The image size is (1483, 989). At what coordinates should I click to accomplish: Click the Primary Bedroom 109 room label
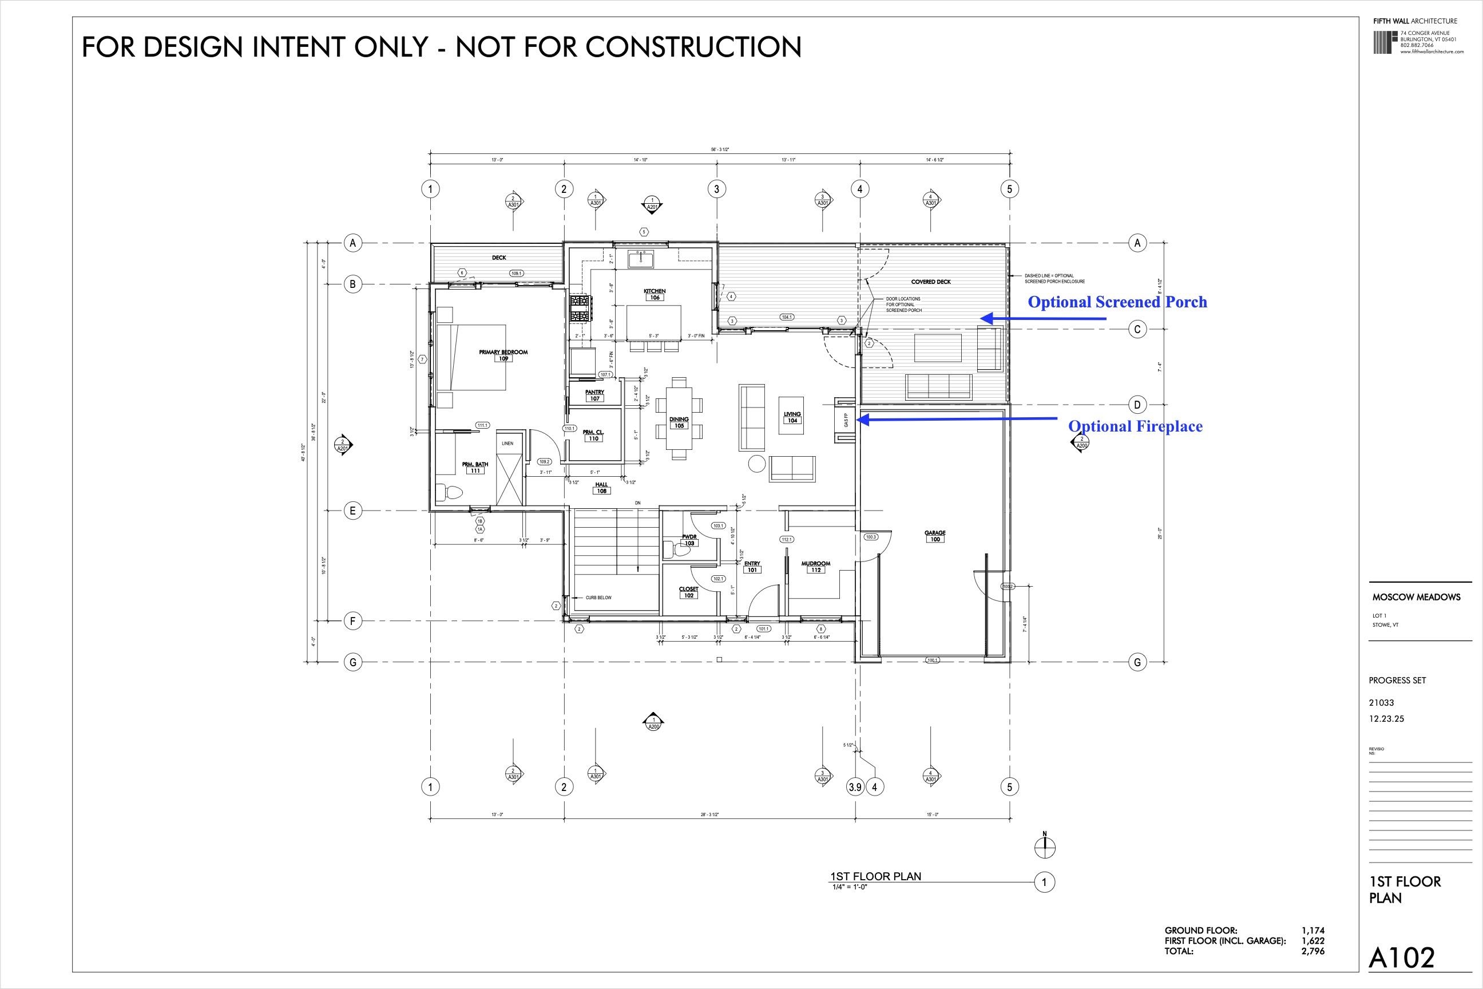click(x=502, y=355)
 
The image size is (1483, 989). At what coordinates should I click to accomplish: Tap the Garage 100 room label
click(x=934, y=536)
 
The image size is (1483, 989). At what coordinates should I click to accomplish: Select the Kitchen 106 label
click(x=655, y=294)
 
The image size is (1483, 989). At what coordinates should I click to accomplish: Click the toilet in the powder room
click(x=680, y=551)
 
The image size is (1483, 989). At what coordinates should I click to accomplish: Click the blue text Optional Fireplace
click(x=1135, y=426)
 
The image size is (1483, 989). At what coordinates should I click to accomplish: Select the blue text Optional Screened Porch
click(x=1117, y=302)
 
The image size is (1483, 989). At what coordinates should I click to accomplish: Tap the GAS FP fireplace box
click(x=845, y=421)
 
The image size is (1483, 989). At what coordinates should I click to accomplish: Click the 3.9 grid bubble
click(x=854, y=787)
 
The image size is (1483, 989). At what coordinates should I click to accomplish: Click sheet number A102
click(x=1401, y=958)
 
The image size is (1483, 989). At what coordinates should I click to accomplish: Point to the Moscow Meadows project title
click(x=1416, y=598)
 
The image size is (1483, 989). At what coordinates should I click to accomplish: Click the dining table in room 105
click(x=679, y=418)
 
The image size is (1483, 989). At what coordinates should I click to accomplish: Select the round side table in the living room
click(x=756, y=464)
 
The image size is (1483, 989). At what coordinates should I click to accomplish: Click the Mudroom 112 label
click(x=815, y=567)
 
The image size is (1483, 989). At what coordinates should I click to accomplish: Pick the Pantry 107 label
click(x=594, y=395)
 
